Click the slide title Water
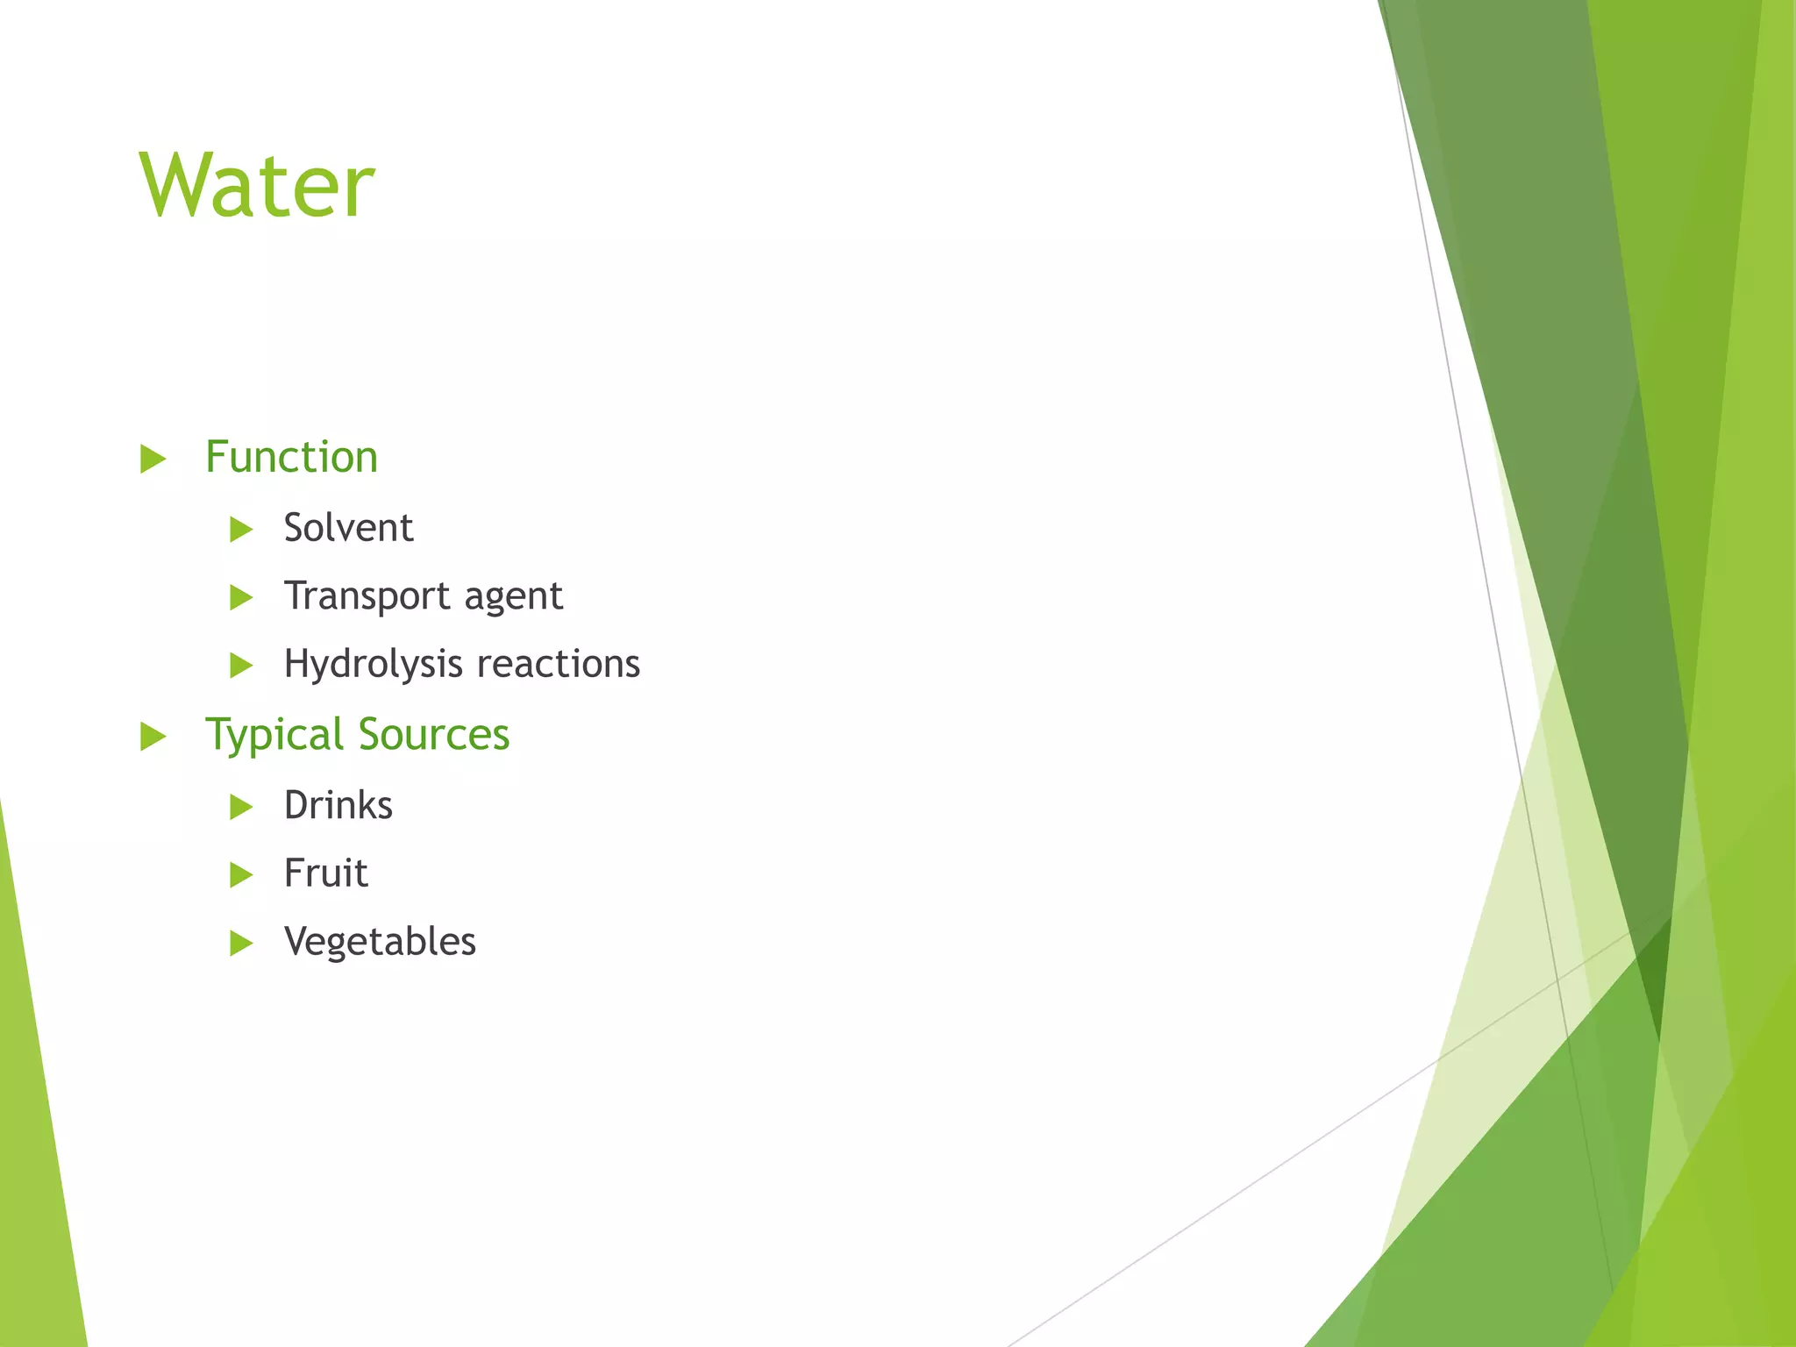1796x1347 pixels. pos(257,186)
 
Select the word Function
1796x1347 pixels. pos(291,458)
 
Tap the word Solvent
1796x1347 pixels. pos(348,528)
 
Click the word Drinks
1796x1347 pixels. pos(338,805)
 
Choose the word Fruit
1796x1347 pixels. pos(325,873)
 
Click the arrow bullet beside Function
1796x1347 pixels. pos(153,459)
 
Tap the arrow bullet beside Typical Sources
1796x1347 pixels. pos(153,737)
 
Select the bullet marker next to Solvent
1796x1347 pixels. pos(241,529)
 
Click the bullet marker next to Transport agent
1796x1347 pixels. pos(241,598)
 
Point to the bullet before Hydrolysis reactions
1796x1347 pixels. pos(241,666)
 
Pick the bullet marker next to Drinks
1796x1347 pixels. pos(241,807)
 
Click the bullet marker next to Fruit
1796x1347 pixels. pos(241,874)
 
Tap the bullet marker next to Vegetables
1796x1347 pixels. pos(241,944)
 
